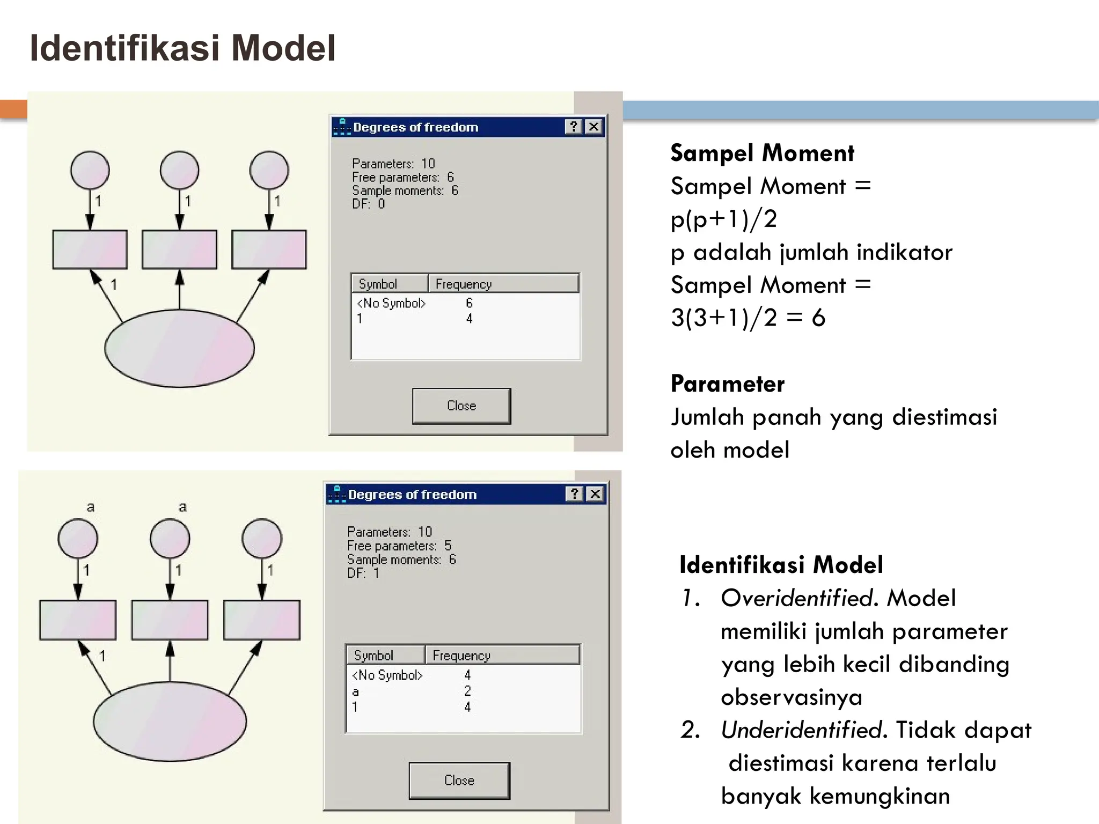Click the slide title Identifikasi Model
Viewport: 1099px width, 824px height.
[x=182, y=48]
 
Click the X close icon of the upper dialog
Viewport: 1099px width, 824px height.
[x=594, y=127]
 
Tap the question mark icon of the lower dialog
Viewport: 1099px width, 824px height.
[x=575, y=494]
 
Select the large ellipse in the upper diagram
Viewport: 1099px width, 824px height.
[x=179, y=348]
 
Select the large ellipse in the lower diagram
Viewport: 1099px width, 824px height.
[x=170, y=721]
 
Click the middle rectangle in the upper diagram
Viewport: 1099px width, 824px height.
[x=179, y=249]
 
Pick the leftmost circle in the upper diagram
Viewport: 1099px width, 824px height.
[x=90, y=170]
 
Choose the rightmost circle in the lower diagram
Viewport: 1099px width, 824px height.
[x=262, y=538]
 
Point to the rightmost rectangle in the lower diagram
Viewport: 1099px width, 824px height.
[x=262, y=620]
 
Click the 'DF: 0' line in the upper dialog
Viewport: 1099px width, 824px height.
[x=369, y=204]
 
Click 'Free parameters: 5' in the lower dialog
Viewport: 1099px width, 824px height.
[x=399, y=546]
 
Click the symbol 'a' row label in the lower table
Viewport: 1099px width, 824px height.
[x=355, y=691]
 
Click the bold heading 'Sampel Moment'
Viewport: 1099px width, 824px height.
[x=762, y=153]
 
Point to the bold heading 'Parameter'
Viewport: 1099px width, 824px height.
[x=727, y=384]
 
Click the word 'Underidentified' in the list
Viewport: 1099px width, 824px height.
[x=801, y=730]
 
